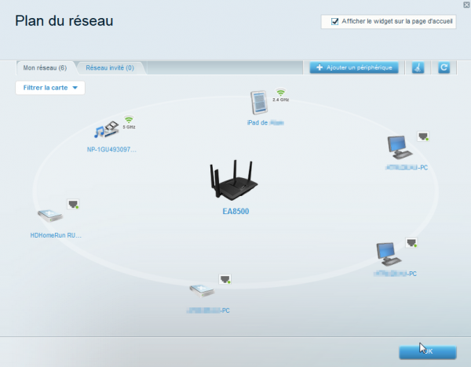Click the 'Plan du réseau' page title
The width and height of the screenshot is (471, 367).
coord(64,20)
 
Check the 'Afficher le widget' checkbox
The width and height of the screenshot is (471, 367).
coord(335,21)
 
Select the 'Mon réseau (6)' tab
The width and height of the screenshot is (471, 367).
coord(45,68)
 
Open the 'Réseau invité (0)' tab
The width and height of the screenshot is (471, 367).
coord(109,68)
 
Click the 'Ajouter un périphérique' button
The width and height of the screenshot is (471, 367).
coord(355,68)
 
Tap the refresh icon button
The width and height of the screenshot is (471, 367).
coord(444,68)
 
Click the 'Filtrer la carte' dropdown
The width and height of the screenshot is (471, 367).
coord(50,88)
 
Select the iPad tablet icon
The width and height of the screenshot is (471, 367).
coord(259,103)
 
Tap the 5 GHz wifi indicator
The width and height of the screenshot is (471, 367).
coord(129,122)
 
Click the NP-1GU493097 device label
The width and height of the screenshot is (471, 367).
coord(111,148)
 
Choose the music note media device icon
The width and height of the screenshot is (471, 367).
coord(105,130)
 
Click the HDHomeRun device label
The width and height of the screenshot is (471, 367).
coord(55,234)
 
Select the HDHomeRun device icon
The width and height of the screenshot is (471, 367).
coord(49,214)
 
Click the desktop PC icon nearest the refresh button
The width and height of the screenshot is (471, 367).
coord(400,147)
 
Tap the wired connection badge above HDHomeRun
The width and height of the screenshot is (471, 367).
coord(74,204)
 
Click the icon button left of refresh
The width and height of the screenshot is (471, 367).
coord(418,68)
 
